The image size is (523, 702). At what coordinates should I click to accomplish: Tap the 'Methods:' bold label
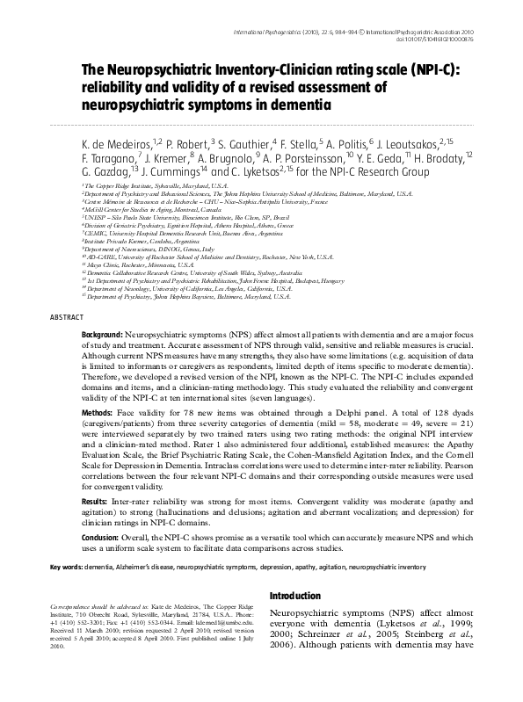pos(98,436)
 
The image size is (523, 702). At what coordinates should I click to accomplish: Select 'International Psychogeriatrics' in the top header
pos(289,31)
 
